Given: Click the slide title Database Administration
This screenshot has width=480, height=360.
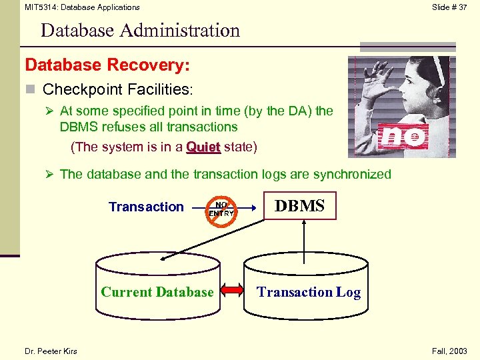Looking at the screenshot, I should point(140,31).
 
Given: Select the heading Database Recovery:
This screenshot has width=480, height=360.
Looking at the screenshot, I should point(107,65).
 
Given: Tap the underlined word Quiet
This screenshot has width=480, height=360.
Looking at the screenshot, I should point(203,146).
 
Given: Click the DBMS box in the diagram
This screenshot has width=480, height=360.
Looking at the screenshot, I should point(300,206).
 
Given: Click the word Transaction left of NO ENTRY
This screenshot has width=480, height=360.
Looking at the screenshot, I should point(146,207).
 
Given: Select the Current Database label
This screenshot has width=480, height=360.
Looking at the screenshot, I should point(157,292).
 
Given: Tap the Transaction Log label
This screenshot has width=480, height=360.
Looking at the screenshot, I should point(309,292).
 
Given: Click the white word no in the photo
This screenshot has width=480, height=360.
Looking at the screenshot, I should point(404,137).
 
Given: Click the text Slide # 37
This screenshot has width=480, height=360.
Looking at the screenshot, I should point(449,7).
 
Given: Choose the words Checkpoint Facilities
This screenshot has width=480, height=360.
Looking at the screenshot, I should point(117,89).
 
